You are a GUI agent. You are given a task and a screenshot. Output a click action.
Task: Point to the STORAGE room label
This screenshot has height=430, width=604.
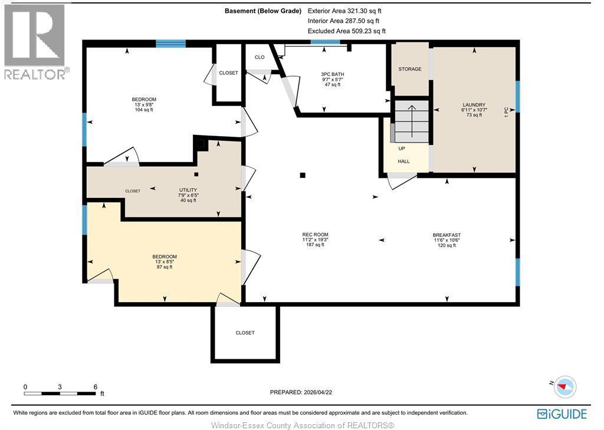410,70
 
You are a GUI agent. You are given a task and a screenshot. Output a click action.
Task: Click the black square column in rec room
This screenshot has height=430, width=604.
303,175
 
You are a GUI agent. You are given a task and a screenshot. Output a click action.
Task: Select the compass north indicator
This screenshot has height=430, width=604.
564,386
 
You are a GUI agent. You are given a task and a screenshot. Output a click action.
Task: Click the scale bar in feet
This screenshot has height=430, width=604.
60,392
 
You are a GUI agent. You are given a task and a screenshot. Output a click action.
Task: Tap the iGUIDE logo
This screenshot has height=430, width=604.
562,414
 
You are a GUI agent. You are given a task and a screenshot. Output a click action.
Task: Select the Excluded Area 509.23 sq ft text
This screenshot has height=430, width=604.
346,31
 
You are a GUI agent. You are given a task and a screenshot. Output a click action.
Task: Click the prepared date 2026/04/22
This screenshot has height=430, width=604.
304,392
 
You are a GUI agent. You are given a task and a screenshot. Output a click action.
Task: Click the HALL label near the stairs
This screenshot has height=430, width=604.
403,161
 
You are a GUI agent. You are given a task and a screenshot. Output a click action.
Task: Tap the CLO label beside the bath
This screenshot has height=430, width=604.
260,57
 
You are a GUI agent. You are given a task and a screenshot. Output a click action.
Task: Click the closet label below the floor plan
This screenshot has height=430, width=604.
245,333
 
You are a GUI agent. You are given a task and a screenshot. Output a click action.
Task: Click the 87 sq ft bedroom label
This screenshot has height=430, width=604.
165,262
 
